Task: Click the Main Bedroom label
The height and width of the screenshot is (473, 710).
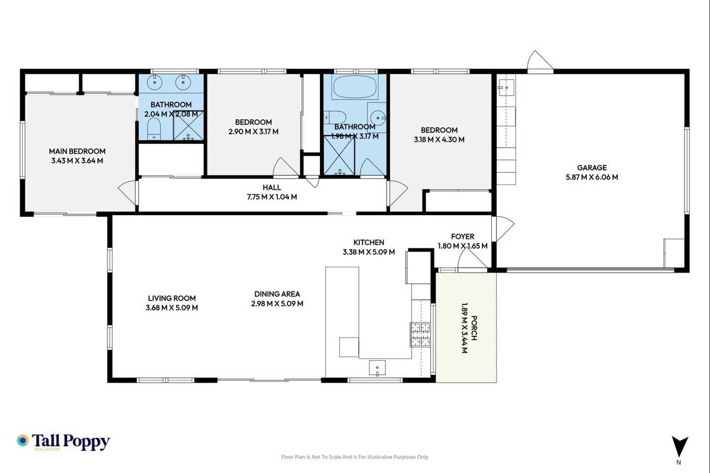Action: [77, 151]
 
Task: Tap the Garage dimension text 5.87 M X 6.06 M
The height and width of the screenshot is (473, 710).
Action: [592, 177]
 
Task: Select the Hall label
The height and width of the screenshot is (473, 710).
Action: [271, 187]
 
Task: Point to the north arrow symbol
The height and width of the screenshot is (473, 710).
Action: [680, 446]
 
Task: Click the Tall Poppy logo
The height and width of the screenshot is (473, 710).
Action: [63, 442]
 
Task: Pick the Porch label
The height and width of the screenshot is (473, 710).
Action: [474, 328]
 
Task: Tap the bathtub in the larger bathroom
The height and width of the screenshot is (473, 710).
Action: [355, 86]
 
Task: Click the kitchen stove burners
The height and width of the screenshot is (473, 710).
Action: [420, 335]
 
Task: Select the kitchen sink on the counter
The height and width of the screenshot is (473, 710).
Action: [377, 368]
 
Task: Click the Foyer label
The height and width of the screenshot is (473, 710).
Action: [462, 237]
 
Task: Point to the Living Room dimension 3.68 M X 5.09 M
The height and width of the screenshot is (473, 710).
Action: [172, 307]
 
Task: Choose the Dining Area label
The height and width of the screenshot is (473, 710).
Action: [277, 294]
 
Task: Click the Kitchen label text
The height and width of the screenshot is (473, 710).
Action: [369, 242]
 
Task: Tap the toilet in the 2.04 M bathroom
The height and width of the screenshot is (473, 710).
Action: [154, 129]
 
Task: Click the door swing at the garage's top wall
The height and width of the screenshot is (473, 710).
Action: [540, 61]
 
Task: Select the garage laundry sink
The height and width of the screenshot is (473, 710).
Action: [506, 88]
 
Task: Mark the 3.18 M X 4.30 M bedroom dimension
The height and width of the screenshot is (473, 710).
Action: [439, 140]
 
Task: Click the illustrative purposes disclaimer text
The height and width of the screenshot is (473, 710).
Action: [355, 457]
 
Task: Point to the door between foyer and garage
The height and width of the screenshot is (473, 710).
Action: [502, 228]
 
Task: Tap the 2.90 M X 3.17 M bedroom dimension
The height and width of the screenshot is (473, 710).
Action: [253, 132]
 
